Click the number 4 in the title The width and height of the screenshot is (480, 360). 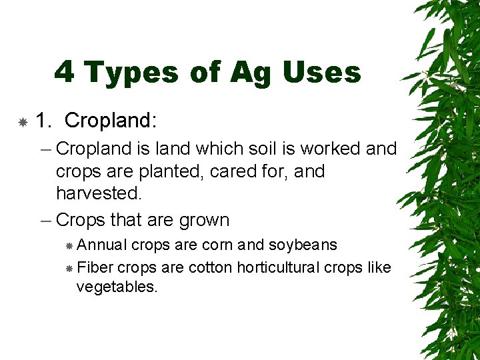tap(65, 72)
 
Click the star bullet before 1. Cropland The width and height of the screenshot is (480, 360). tap(23, 122)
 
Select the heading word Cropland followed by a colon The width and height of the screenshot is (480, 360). tap(111, 121)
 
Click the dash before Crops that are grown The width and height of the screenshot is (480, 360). tap(47, 219)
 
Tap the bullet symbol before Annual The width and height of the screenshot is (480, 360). tap(69, 246)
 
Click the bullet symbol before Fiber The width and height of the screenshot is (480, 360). tap(69, 268)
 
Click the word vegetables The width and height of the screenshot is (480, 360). tap(117, 288)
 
